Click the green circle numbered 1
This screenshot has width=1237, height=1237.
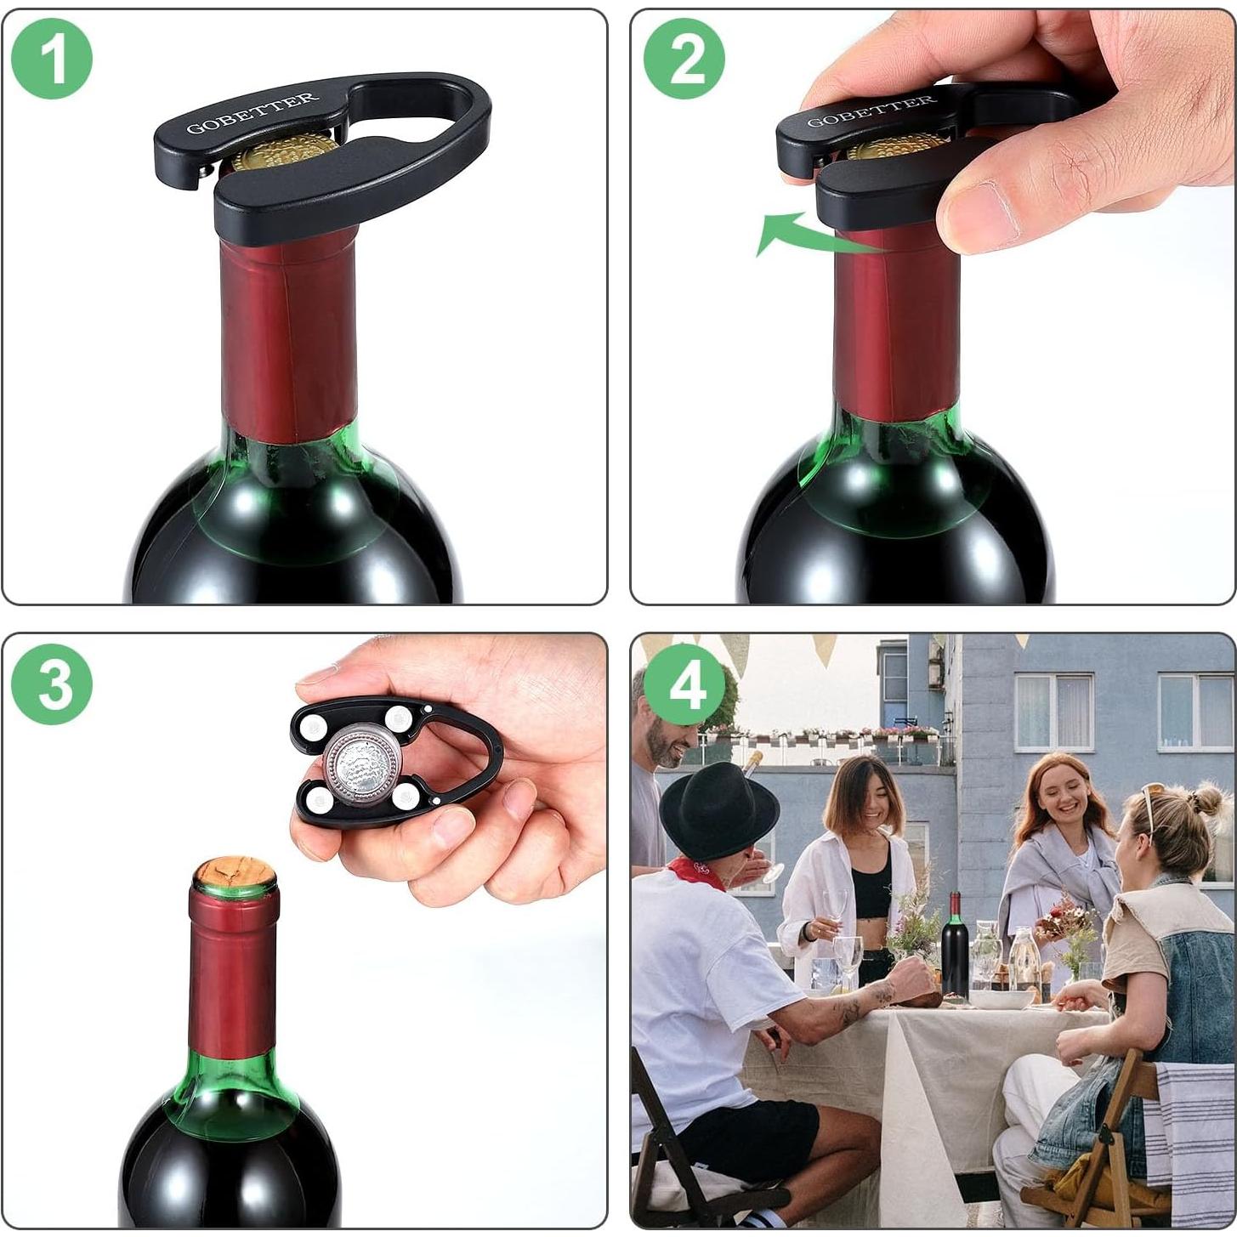point(52,58)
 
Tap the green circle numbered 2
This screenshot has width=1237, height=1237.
point(684,58)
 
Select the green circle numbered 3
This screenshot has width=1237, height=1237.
point(52,684)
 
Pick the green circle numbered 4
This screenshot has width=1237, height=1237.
point(684,684)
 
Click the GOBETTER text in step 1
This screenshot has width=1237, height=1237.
point(253,113)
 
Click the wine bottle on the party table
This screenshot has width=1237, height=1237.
point(954,947)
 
